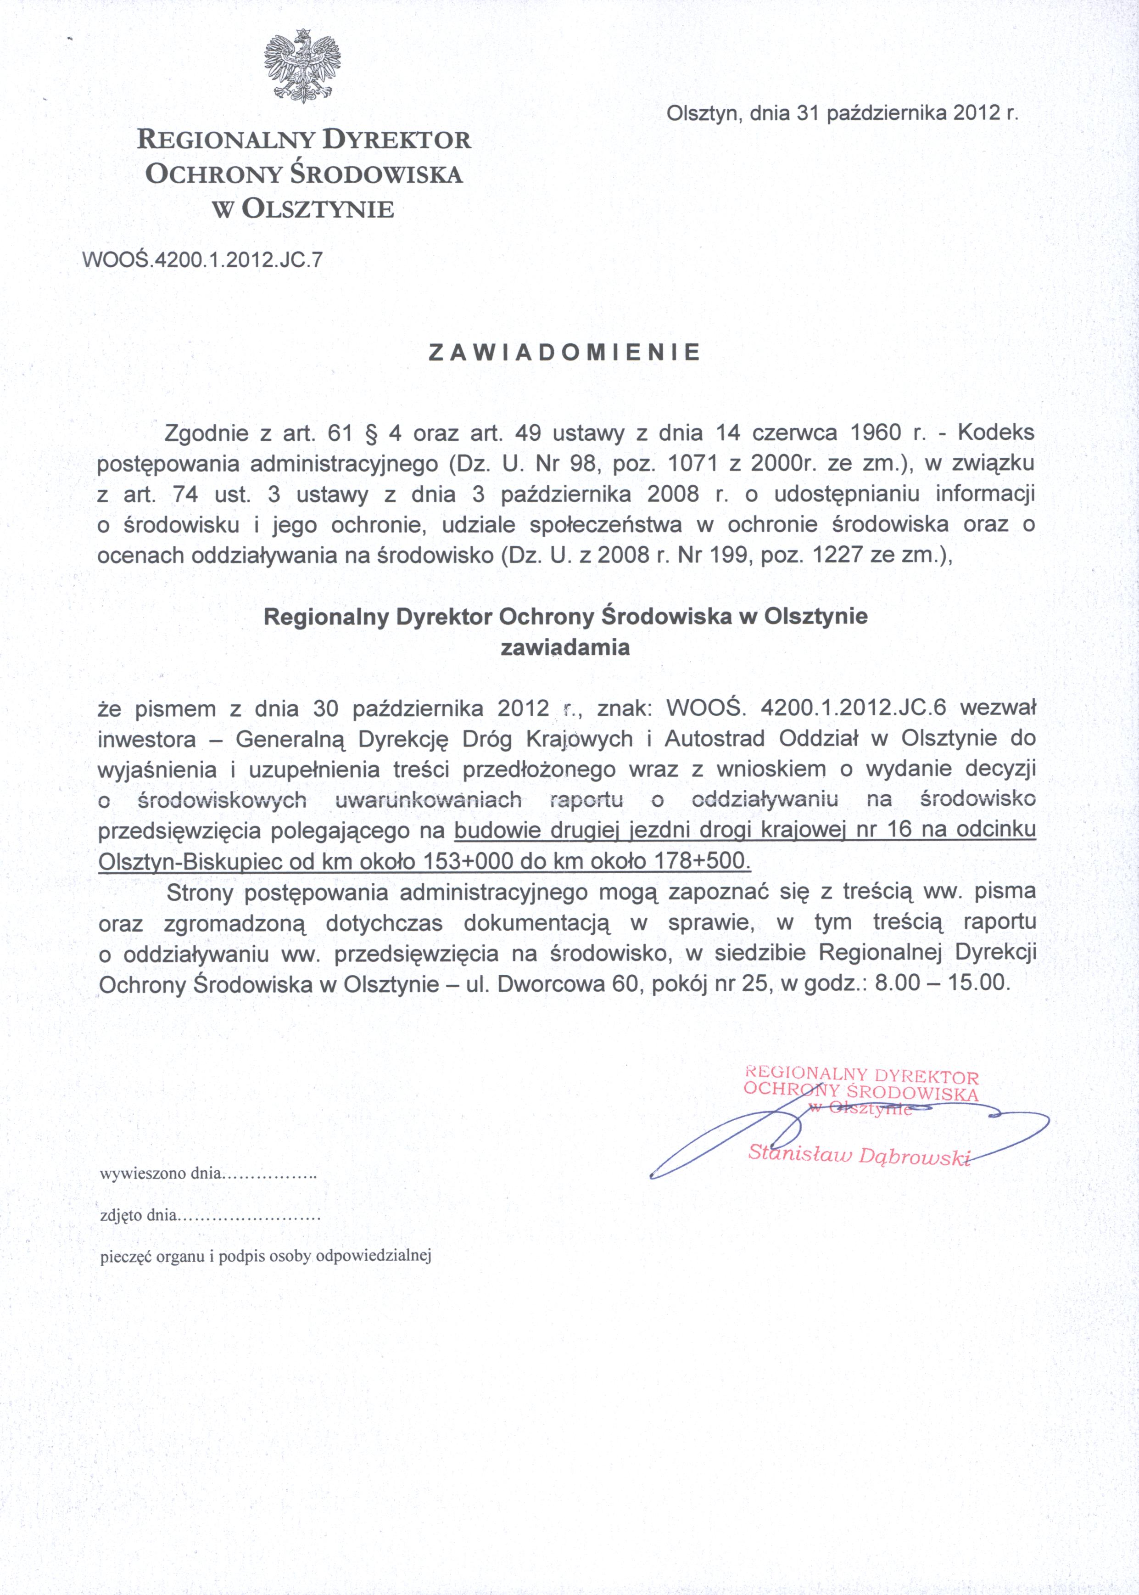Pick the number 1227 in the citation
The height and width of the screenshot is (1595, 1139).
(837, 556)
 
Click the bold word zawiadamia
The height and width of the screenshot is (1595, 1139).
(564, 648)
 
